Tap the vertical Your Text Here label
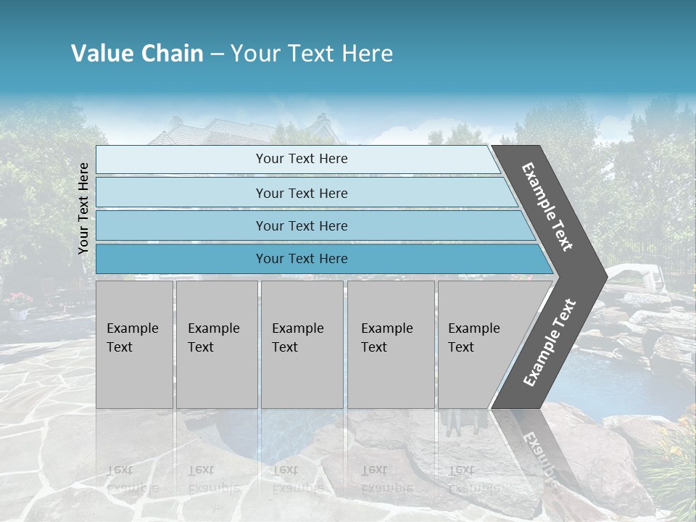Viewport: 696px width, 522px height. point(83,208)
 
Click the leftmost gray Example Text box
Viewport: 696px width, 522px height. point(134,344)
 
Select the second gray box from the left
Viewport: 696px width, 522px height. point(216,344)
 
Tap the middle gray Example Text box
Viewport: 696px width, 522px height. point(302,344)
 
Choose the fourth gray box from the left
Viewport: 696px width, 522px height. point(390,344)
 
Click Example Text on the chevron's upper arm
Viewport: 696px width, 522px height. point(547,207)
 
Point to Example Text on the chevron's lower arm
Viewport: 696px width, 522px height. point(549,342)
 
